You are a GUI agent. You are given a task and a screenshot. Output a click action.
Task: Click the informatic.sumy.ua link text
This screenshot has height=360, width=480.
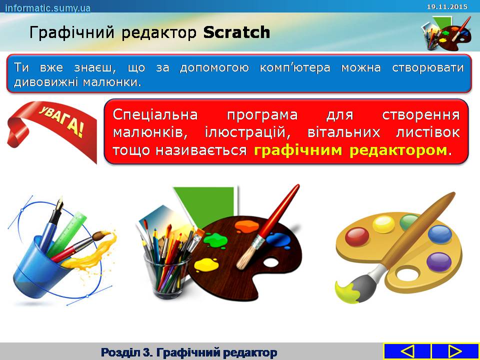click(48, 7)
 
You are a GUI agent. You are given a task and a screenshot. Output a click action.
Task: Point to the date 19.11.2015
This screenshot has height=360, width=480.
click(447, 6)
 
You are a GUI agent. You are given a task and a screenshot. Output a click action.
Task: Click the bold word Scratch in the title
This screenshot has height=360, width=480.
click(236, 32)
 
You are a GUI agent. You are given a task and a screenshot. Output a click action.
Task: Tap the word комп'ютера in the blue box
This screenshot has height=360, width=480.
click(295, 67)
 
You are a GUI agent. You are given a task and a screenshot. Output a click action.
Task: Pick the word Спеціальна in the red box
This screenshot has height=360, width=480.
click(155, 115)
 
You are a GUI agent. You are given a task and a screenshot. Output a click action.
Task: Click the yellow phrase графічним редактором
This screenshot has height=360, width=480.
click(350, 150)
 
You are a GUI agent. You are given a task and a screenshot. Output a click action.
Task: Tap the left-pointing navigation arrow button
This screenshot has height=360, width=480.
click(407, 351)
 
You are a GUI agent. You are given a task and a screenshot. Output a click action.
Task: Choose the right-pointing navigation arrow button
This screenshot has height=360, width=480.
click(455, 351)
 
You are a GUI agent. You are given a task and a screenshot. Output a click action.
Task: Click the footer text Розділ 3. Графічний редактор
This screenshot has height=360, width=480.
click(189, 352)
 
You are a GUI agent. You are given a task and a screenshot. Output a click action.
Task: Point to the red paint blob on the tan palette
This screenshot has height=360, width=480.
click(357, 236)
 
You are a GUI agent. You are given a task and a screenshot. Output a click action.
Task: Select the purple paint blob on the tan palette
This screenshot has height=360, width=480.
click(439, 262)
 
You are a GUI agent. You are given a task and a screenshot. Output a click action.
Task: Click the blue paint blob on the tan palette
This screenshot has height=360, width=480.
click(440, 234)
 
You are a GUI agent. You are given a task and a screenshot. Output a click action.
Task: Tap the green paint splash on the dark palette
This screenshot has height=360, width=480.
click(216, 240)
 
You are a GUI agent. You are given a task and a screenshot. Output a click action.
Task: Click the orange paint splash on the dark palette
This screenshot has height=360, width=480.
click(246, 226)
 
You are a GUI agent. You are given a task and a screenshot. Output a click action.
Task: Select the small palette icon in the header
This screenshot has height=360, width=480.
click(446, 33)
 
